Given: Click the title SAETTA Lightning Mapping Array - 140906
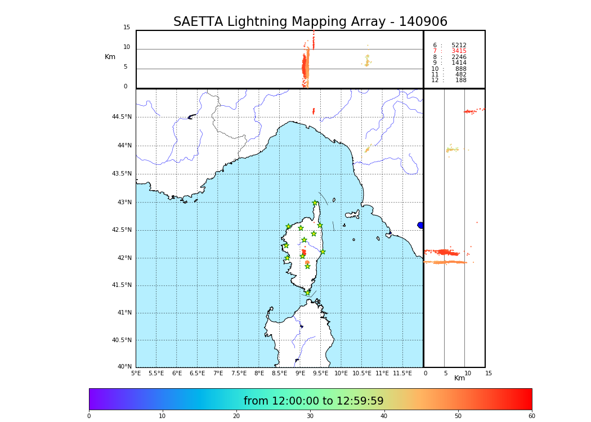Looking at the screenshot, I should (310, 22).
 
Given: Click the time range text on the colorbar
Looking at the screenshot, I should (314, 401).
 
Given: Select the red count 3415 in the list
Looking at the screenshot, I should (459, 51).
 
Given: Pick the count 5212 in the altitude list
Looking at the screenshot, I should (459, 46).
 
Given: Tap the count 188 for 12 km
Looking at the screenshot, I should (460, 80).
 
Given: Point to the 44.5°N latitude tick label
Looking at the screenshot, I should (122, 117).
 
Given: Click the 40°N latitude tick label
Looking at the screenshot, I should (124, 367).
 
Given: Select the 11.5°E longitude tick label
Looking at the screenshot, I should (402, 373).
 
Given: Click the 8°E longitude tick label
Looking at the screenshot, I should (259, 373).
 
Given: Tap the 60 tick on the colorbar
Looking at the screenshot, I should (531, 416).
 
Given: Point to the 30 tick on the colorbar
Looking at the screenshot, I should (310, 416).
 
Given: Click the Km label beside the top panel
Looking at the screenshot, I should (110, 57).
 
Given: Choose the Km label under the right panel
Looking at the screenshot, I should (459, 378).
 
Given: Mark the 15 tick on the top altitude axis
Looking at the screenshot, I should (127, 28).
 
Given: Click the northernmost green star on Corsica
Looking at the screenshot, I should (315, 203).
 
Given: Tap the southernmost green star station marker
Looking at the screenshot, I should (307, 293).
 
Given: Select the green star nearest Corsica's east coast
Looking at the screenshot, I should (323, 252).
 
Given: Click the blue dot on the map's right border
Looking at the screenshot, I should (420, 225).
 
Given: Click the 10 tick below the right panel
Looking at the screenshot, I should (468, 373).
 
